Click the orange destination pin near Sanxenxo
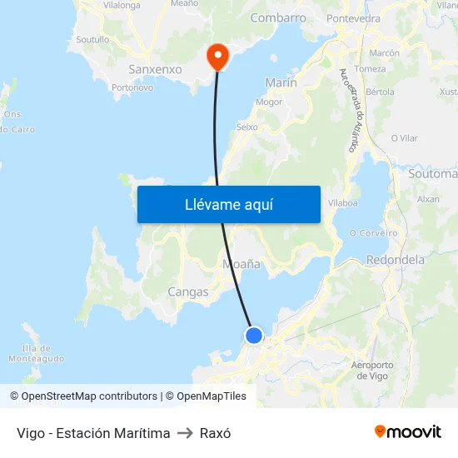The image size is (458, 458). [x=217, y=55]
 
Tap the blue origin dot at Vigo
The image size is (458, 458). [x=254, y=335]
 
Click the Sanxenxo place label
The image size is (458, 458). [x=155, y=69]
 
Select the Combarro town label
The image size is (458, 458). [x=278, y=17]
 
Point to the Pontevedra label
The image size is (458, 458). [x=354, y=17]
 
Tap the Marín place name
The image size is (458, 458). [x=281, y=82]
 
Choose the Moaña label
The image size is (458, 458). [x=241, y=264]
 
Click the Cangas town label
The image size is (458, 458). [x=188, y=291]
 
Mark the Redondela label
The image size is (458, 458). [x=396, y=260]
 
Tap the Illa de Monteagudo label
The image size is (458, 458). [x=36, y=353]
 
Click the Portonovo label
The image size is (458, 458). [x=132, y=87]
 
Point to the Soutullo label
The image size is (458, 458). [x=92, y=39]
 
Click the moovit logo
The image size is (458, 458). [x=408, y=432]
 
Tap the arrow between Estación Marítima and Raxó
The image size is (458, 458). [x=185, y=433]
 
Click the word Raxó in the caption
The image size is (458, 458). [x=216, y=433]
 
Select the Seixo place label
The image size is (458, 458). [x=247, y=127]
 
